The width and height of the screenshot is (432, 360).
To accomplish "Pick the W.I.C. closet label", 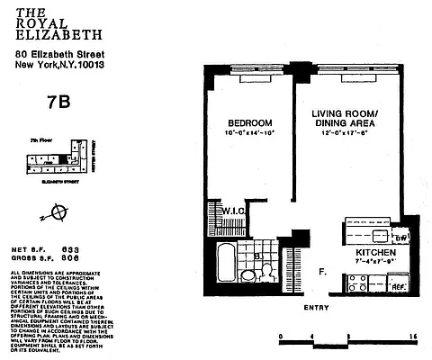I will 234,211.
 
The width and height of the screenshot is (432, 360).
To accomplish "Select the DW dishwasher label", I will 401,237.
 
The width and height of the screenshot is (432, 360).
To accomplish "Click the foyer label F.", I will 322,269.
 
